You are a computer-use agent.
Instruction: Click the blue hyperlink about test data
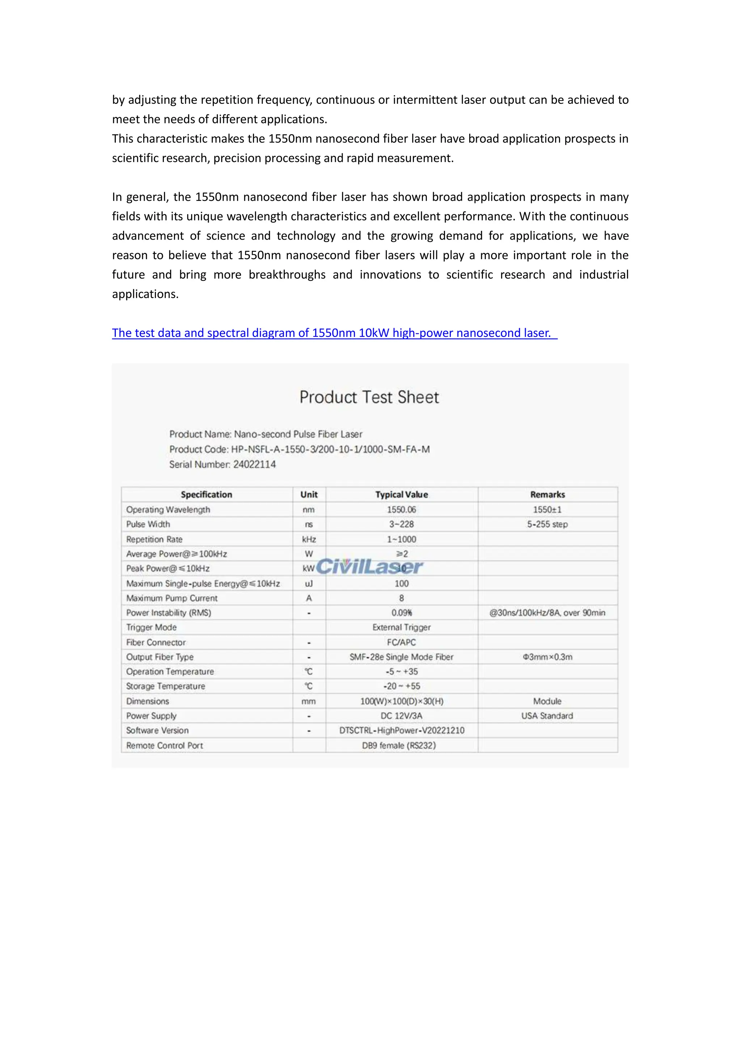[x=334, y=333]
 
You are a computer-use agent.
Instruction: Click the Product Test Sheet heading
[x=369, y=397]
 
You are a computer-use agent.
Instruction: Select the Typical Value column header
[x=402, y=494]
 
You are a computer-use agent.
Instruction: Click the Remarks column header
[x=547, y=494]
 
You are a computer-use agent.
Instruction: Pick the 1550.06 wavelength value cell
[x=402, y=510]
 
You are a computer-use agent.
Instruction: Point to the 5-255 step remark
[x=547, y=524]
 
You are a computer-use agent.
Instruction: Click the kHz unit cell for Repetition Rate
[x=309, y=539]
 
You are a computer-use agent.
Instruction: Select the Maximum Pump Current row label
[x=172, y=598]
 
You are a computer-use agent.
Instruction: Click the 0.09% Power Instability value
[x=402, y=613]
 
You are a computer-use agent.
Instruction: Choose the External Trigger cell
[x=402, y=627]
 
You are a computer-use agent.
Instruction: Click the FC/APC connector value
[x=402, y=642]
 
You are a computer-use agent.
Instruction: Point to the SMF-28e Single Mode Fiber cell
[x=402, y=657]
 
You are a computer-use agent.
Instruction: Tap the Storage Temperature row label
[x=166, y=686]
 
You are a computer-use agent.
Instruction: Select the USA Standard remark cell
[x=547, y=716]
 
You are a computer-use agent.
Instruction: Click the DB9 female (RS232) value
[x=399, y=745]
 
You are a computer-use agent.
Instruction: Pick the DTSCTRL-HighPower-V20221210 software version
[x=402, y=730]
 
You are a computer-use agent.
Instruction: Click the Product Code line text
[x=299, y=449]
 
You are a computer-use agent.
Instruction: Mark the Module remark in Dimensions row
[x=547, y=701]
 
